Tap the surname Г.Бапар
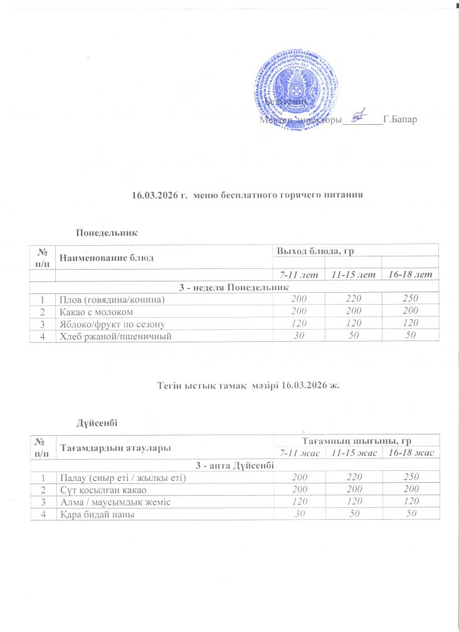399,118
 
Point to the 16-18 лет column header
410,275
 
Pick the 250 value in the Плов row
410,300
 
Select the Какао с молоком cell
95,312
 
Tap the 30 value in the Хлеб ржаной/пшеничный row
298,336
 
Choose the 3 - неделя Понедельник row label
233,288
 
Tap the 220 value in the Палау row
354,478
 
